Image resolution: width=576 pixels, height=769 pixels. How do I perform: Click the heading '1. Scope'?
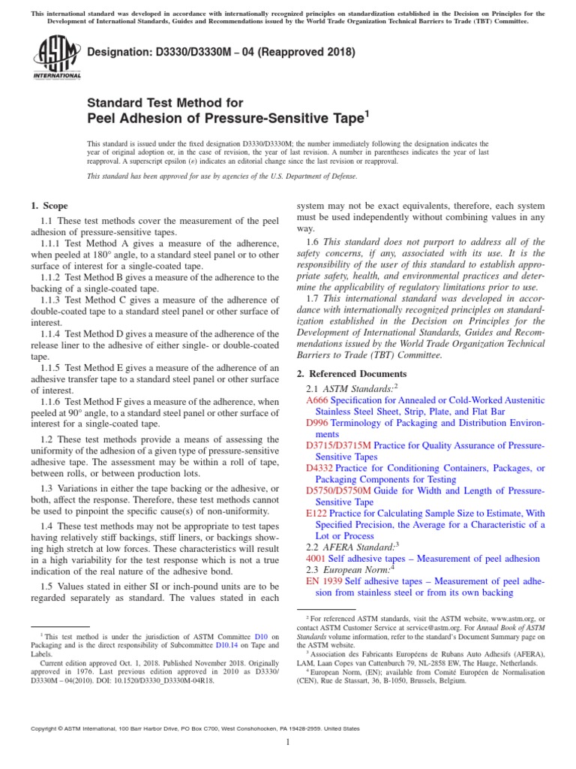(49, 206)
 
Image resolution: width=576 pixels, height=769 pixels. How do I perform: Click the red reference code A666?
(318, 401)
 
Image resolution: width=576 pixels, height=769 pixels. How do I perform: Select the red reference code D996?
(318, 423)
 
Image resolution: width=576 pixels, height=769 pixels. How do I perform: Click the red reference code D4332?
(319, 468)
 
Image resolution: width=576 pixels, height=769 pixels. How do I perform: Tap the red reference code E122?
(316, 513)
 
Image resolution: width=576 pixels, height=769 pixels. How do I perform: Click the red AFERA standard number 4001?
(316, 559)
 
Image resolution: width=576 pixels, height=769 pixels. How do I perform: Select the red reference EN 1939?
(324, 581)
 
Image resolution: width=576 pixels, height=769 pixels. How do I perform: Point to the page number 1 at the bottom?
(288, 742)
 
